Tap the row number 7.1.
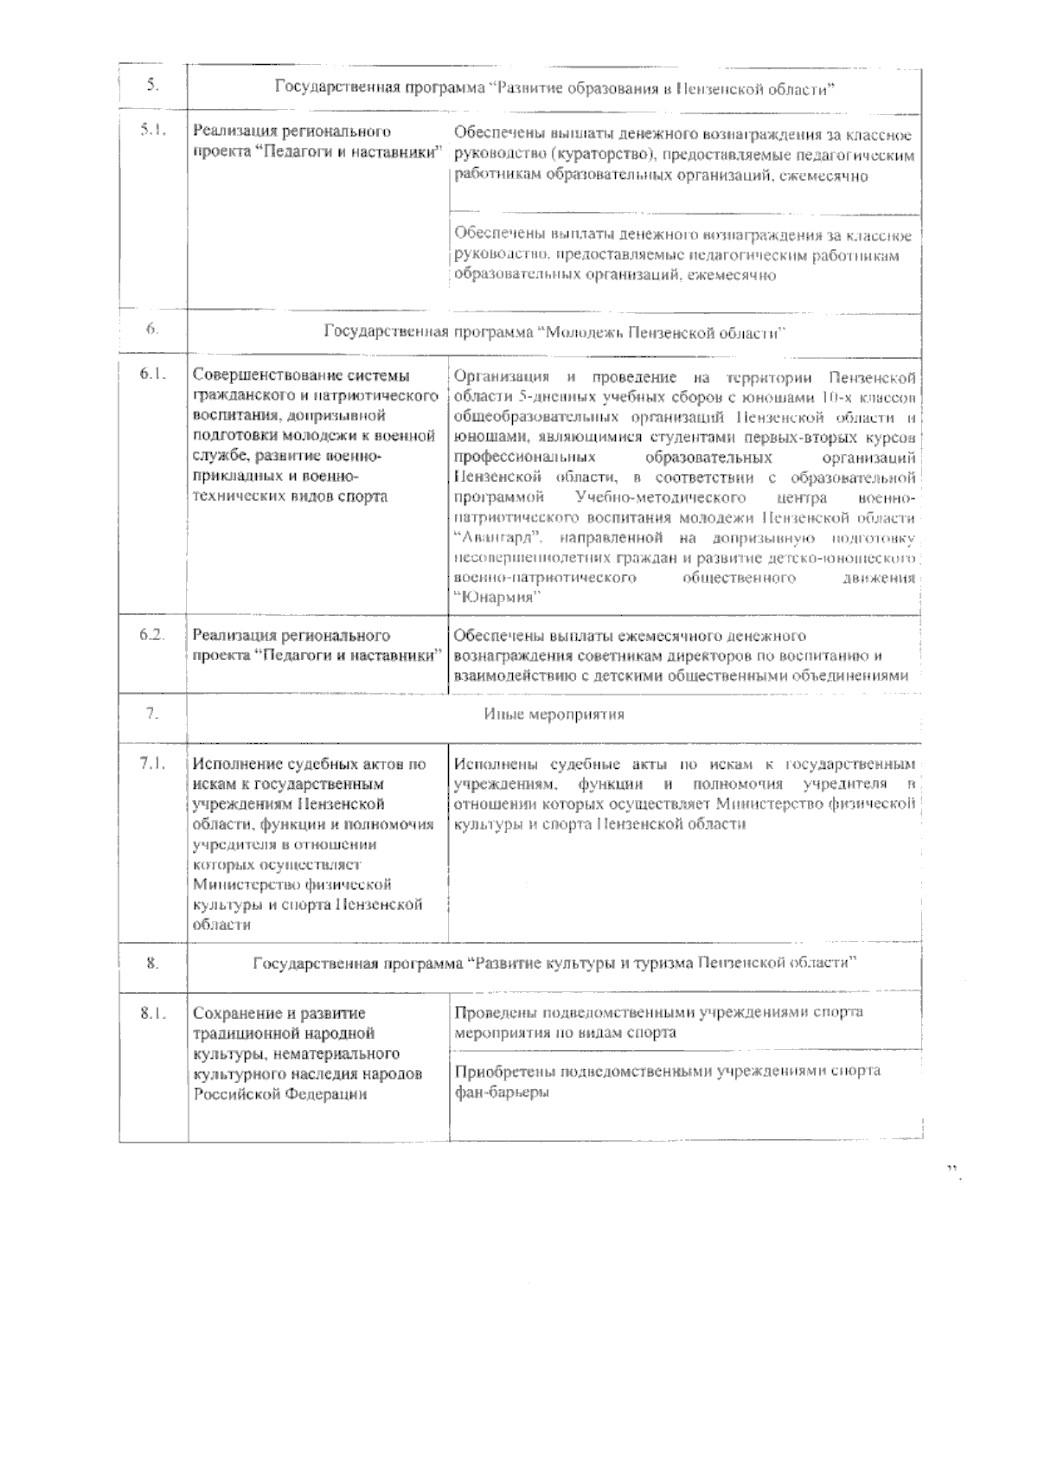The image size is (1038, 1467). point(152,764)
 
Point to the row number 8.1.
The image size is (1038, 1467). point(152,1013)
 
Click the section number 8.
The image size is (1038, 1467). point(152,964)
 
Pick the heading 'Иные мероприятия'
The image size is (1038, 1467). point(554,714)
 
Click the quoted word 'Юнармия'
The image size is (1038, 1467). point(497,598)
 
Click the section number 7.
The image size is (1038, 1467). point(151,714)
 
